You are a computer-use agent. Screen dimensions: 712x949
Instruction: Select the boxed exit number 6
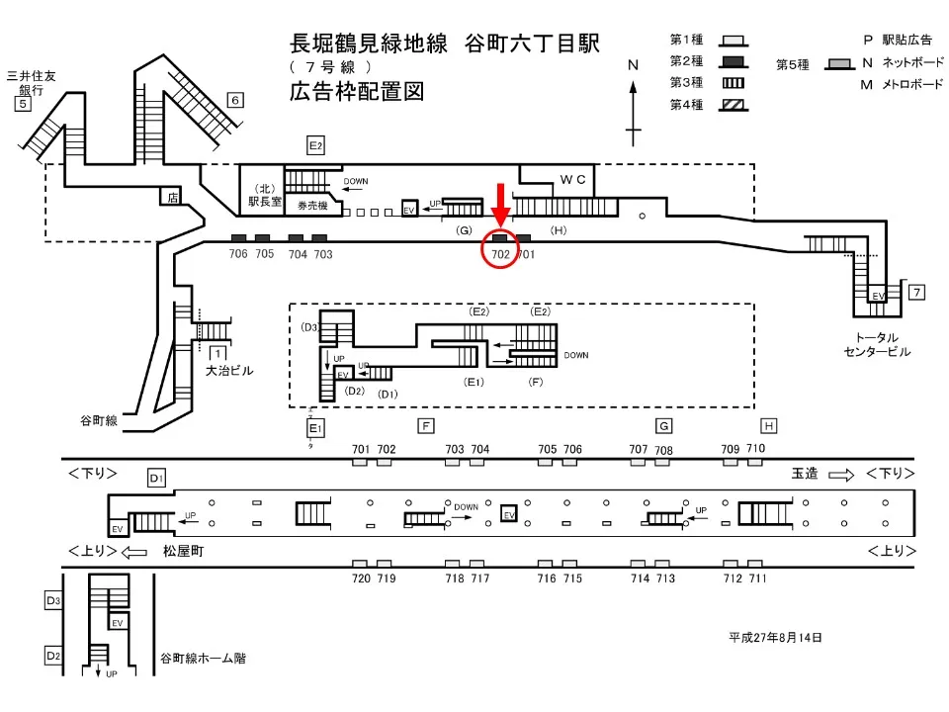pyautogui.click(x=234, y=99)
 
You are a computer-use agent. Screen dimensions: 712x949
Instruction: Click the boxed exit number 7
pyautogui.click(x=917, y=292)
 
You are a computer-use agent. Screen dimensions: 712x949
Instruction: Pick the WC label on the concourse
pyautogui.click(x=573, y=180)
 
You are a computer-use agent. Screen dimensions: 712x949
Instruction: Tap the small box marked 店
pyautogui.click(x=174, y=198)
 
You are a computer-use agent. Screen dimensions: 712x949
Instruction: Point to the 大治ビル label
pyautogui.click(x=229, y=371)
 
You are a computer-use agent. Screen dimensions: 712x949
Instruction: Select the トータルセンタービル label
pyautogui.click(x=877, y=344)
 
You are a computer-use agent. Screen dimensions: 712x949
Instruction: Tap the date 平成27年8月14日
pyautogui.click(x=775, y=638)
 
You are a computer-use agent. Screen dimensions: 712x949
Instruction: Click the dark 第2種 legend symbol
pyautogui.click(x=733, y=61)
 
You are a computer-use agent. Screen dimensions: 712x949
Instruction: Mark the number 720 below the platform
pyautogui.click(x=361, y=578)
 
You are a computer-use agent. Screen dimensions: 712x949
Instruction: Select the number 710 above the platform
pyautogui.click(x=755, y=449)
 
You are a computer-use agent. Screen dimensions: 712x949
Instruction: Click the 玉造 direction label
pyautogui.click(x=806, y=474)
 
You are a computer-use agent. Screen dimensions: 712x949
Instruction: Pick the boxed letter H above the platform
pyautogui.click(x=768, y=426)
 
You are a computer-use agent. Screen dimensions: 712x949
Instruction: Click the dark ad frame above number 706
pyautogui.click(x=238, y=237)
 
